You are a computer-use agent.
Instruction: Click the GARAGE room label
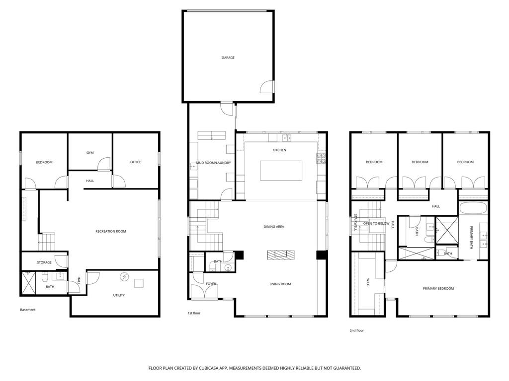(x=228, y=58)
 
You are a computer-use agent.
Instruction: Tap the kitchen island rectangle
(x=281, y=171)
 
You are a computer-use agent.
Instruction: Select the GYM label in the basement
(x=90, y=153)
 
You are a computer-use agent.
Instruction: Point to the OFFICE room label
(x=136, y=162)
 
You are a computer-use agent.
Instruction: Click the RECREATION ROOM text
(x=111, y=231)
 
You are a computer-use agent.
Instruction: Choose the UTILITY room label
(x=119, y=295)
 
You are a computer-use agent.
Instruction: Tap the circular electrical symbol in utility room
(x=124, y=277)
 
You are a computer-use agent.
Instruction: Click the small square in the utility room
(x=139, y=283)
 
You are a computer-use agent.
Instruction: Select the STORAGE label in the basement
(x=44, y=262)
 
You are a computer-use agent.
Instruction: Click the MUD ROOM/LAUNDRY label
(x=214, y=163)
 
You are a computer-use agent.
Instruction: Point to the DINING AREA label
(x=274, y=227)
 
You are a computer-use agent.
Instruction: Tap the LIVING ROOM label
(x=280, y=284)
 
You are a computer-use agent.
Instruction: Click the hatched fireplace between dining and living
(x=281, y=255)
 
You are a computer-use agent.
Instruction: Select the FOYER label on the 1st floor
(x=211, y=284)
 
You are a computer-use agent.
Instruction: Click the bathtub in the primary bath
(x=473, y=208)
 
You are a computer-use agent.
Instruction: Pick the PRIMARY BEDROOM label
(x=438, y=288)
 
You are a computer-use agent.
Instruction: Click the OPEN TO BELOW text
(x=376, y=224)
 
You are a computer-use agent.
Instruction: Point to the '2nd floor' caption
(x=356, y=330)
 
